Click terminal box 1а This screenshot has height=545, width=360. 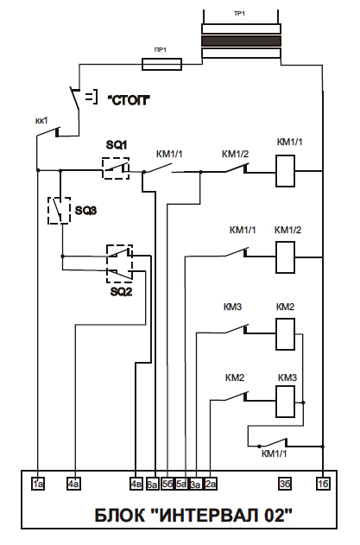(x=38, y=484)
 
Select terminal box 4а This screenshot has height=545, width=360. (x=73, y=484)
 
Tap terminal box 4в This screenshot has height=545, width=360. (x=136, y=484)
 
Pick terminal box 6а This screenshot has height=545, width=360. (x=152, y=484)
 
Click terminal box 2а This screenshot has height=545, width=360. (x=211, y=484)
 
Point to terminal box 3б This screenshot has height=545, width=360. (x=285, y=484)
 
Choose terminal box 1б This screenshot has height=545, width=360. (x=323, y=484)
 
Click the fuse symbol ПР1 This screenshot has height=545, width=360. (x=161, y=64)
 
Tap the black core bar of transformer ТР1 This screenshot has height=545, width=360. (x=242, y=41)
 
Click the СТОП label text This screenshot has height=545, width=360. (x=129, y=100)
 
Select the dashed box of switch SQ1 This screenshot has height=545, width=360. (x=116, y=168)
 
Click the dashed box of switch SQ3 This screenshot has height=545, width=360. (x=59, y=210)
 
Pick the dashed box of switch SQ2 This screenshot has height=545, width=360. (x=119, y=263)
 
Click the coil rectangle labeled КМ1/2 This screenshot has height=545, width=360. (x=285, y=257)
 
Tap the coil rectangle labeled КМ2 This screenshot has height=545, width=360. (x=285, y=334)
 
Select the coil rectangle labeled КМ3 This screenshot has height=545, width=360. (x=285, y=402)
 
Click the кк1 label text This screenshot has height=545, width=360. (x=41, y=121)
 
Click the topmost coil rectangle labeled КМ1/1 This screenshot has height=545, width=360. (x=285, y=171)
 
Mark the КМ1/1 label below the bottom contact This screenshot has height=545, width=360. (x=275, y=453)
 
